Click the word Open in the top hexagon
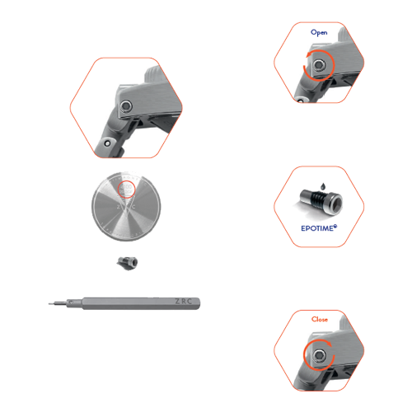(319, 32)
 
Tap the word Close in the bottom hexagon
(319, 319)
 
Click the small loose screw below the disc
(128, 261)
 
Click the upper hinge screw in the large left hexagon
(125, 105)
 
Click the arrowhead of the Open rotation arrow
(307, 55)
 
